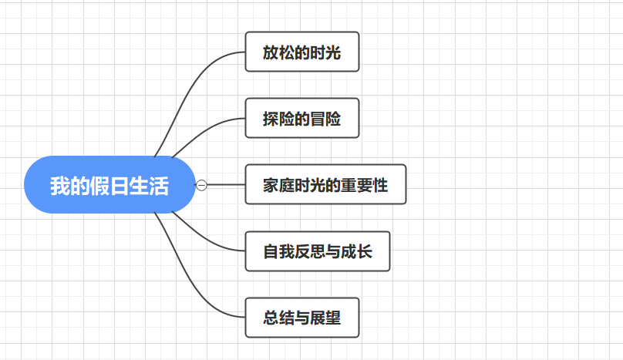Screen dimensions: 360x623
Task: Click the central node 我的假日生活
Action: point(109,185)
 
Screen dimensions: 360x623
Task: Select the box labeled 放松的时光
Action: point(302,52)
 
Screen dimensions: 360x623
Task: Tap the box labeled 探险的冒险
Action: point(302,118)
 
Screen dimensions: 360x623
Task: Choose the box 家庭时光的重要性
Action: point(325,185)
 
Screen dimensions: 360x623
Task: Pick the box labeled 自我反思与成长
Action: point(318,251)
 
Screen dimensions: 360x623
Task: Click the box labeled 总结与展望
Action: point(302,318)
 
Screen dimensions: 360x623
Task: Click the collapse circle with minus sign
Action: point(202,185)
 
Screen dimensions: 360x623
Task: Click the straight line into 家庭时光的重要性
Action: point(227,185)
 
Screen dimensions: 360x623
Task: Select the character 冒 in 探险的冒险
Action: point(318,119)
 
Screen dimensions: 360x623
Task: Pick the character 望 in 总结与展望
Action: point(333,318)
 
